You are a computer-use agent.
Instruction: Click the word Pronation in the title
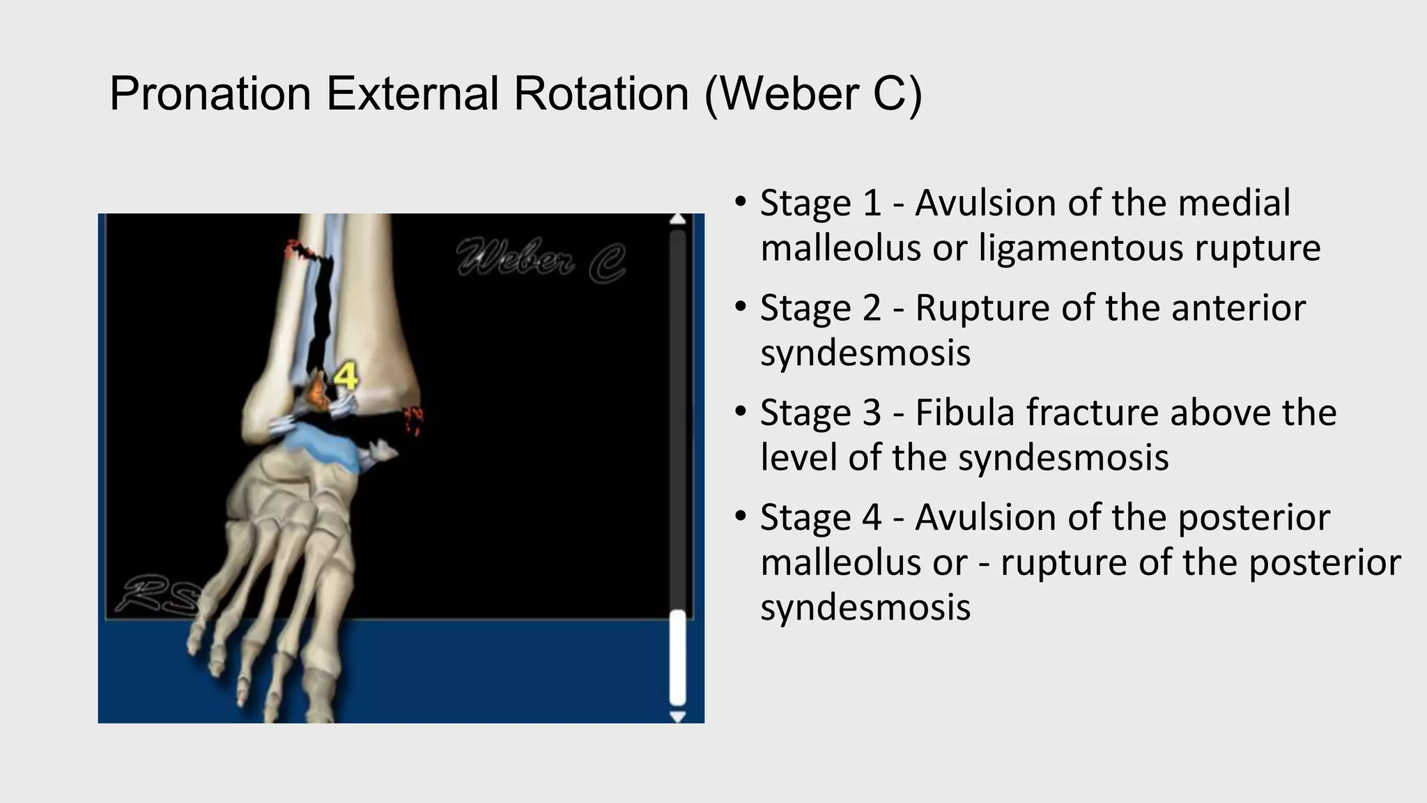(210, 94)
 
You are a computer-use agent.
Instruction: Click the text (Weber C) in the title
(813, 94)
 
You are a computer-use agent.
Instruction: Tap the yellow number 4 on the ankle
(346, 376)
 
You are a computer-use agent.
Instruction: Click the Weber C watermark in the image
(541, 261)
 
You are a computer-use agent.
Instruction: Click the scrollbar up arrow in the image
(677, 220)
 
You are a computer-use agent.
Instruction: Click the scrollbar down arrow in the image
(677, 716)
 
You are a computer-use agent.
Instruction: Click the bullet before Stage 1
(741, 203)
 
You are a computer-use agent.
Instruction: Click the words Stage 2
(820, 308)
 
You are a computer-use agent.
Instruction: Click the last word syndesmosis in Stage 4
(865, 607)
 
